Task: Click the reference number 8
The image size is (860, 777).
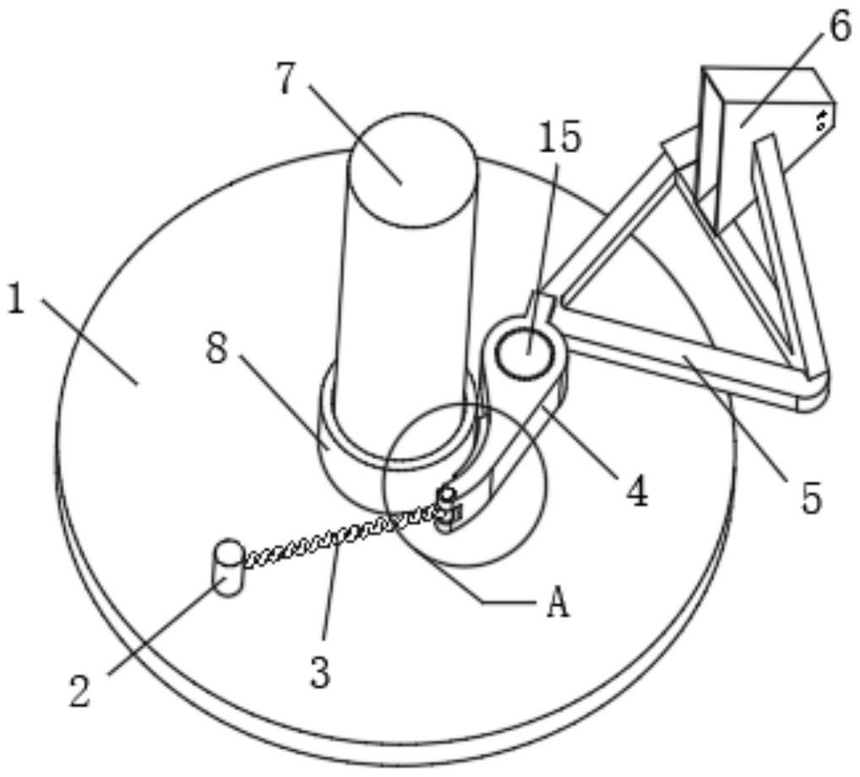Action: [x=218, y=349]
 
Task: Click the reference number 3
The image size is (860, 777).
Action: [x=318, y=673]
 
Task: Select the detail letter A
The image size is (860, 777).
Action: [x=557, y=605]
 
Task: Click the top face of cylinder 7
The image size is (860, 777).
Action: [x=413, y=169]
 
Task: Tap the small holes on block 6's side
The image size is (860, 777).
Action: [x=819, y=119]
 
